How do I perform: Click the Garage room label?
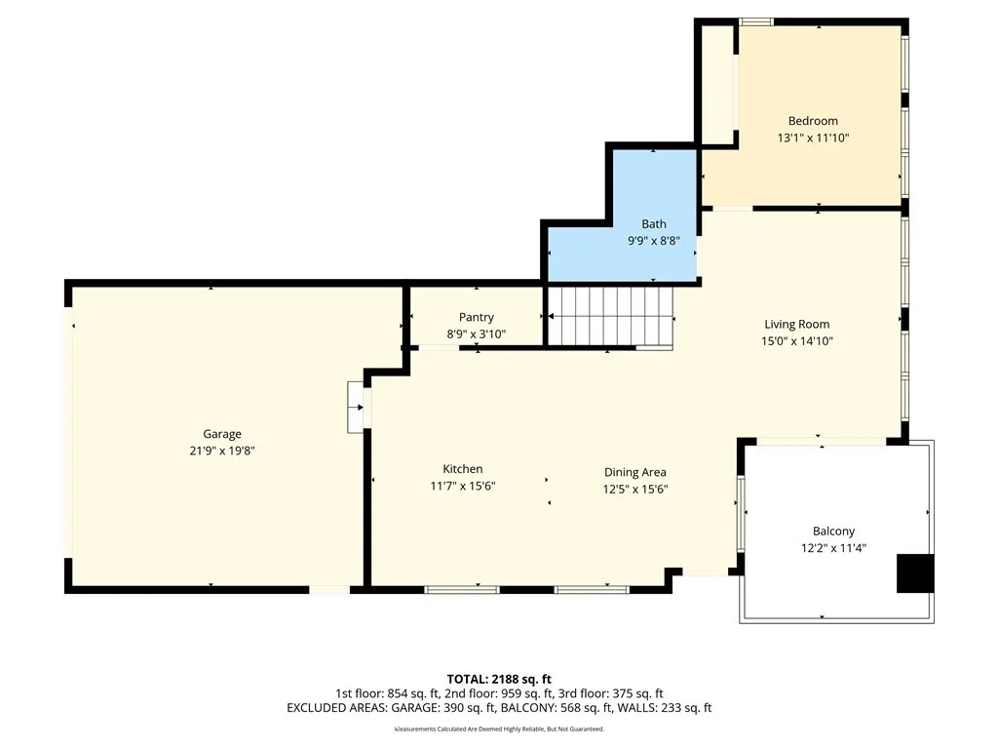tap(222, 434)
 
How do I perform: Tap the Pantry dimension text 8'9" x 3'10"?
tap(476, 334)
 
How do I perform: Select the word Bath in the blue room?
tap(654, 224)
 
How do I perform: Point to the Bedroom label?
tap(813, 121)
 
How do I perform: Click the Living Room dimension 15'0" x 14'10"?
tap(797, 340)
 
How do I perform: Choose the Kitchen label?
tap(463, 469)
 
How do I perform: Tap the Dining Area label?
tap(635, 472)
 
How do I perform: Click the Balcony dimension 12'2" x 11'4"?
tap(834, 548)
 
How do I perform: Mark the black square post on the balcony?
tap(915, 573)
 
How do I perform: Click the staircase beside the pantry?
tap(610, 317)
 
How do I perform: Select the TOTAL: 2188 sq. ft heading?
tap(499, 679)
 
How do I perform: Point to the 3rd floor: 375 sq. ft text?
tap(610, 693)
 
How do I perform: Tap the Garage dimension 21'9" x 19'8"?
tap(222, 451)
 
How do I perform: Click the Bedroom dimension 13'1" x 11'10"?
tap(813, 138)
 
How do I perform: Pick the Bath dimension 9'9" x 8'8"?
tap(654, 241)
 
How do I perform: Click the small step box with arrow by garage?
tap(355, 408)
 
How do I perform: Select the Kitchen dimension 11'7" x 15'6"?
tap(463, 486)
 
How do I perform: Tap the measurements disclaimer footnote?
tap(499, 729)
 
